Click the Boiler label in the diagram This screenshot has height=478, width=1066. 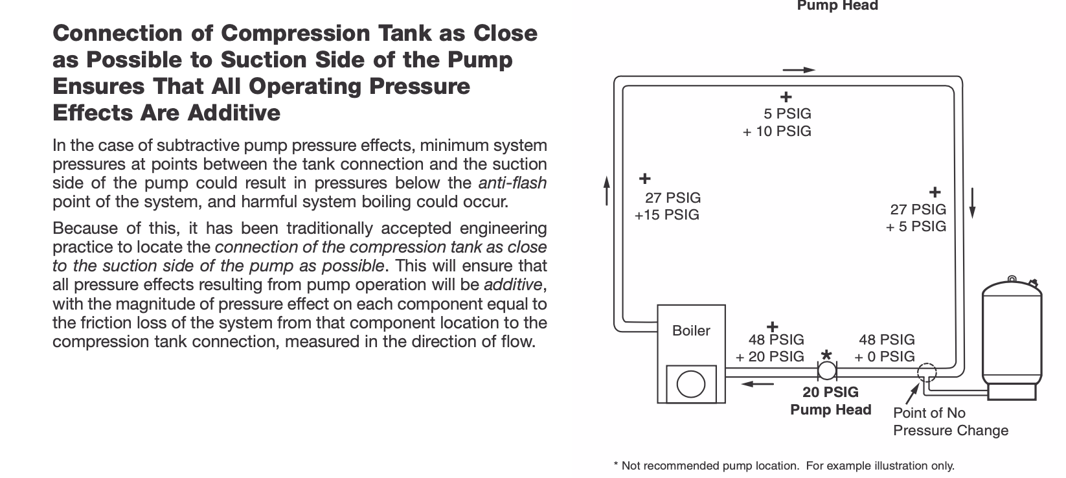[691, 330]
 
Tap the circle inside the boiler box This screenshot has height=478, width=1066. [691, 384]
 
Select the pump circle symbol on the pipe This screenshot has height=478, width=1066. [827, 370]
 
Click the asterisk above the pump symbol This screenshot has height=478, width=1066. [826, 355]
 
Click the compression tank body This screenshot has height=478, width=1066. [1012, 339]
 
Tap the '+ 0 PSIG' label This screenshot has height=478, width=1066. [885, 357]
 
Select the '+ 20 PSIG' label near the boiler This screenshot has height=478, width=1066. [770, 357]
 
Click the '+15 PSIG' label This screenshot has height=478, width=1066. [666, 215]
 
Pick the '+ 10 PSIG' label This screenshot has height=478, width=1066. [777, 131]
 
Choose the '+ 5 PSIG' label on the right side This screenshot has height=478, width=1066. [916, 227]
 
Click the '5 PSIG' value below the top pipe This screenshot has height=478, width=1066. [788, 114]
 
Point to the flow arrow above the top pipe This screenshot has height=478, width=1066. [799, 70]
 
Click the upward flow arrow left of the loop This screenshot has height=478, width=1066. [607, 190]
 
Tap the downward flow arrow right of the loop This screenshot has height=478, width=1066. [972, 203]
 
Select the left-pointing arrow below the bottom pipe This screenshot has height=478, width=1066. [758, 383]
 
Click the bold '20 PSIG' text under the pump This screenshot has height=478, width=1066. [830, 392]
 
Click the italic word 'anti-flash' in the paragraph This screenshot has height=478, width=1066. [512, 183]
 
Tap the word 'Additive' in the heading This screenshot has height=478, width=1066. [234, 113]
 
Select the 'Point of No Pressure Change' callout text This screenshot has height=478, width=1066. [951, 422]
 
